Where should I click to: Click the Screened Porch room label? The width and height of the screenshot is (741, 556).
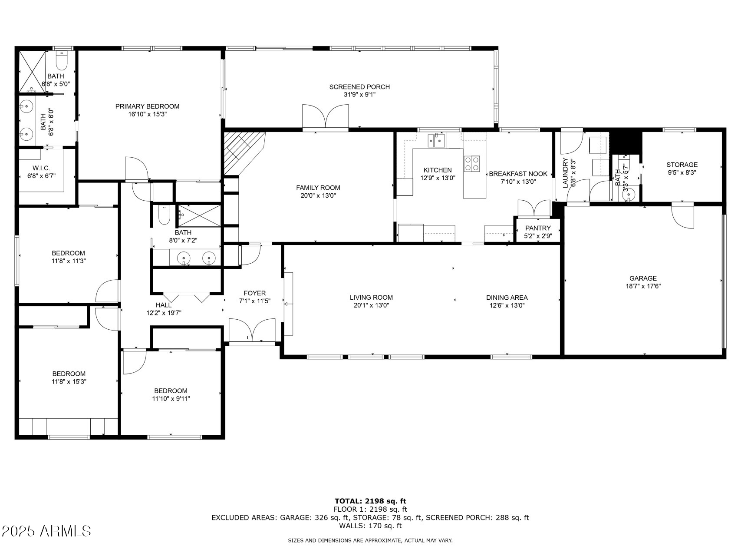[x=359, y=87]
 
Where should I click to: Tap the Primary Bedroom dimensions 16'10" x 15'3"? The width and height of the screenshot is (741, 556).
[x=147, y=114]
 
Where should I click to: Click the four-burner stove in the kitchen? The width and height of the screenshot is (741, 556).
[x=472, y=163]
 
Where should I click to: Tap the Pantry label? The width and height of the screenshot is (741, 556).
[x=538, y=228]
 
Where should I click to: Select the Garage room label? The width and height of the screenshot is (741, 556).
[x=643, y=278]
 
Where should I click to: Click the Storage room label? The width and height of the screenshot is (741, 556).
[x=682, y=165]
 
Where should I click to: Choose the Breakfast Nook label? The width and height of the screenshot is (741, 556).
[x=518, y=174]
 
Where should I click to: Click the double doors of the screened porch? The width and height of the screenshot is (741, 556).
[x=325, y=117]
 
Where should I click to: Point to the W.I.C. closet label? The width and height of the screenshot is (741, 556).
[x=41, y=168]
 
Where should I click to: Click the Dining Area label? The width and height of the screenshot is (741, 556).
[x=507, y=298]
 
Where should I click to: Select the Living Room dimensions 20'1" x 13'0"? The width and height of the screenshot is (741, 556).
[x=371, y=305]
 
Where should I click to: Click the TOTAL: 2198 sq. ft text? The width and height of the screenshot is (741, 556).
[x=370, y=501]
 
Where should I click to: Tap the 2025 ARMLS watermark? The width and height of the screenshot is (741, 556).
[x=46, y=531]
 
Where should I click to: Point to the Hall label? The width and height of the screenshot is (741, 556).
[x=164, y=305]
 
